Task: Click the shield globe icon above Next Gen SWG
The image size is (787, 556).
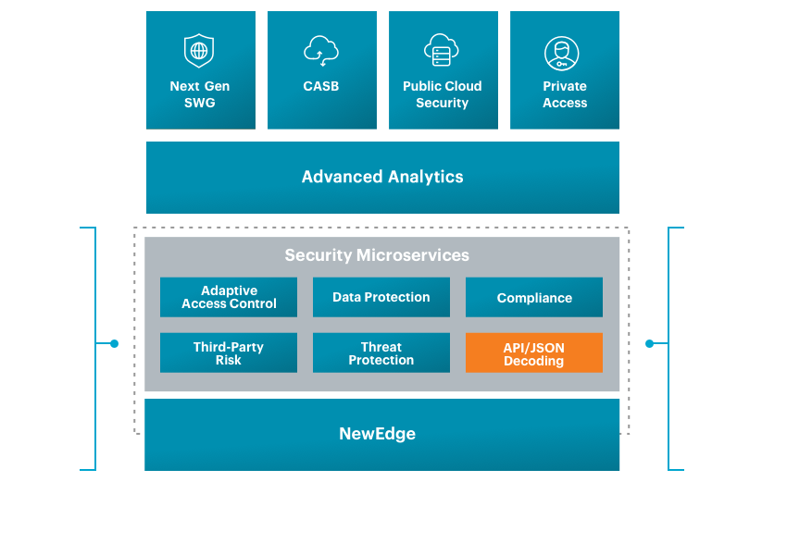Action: click(x=199, y=50)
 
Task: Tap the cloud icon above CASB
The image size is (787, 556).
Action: click(x=321, y=50)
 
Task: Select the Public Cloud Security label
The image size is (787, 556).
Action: click(x=442, y=94)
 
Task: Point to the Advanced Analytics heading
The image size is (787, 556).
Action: click(x=382, y=177)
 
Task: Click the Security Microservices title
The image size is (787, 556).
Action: click(x=377, y=255)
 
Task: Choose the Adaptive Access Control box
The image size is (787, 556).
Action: click(x=229, y=297)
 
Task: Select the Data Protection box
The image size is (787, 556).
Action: click(x=381, y=297)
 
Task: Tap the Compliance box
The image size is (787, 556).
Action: click(x=534, y=298)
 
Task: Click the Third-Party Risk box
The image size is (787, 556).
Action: click(x=229, y=352)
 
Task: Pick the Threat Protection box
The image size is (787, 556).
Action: click(x=381, y=352)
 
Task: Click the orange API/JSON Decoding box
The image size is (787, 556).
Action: click(x=534, y=352)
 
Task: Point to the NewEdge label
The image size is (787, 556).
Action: click(x=377, y=433)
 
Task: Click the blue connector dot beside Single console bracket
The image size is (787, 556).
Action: click(x=114, y=343)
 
